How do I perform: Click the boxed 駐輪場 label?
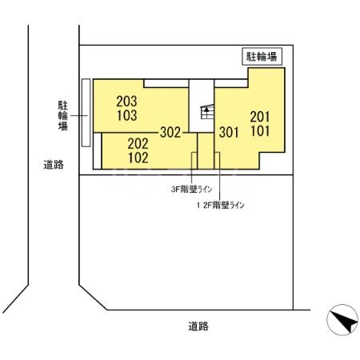pyautogui.click(x=261, y=57)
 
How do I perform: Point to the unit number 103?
pyautogui.click(x=126, y=116)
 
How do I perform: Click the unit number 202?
pyautogui.click(x=138, y=143)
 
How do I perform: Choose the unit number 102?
pyautogui.click(x=138, y=158)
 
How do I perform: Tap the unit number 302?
pyautogui.click(x=170, y=132)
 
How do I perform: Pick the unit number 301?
pyautogui.click(x=230, y=132)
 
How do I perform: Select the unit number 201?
pyautogui.click(x=261, y=116)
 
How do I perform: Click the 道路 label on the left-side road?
pyautogui.click(x=54, y=165)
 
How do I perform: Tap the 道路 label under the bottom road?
pyautogui.click(x=198, y=326)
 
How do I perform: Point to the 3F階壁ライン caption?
pyautogui.click(x=192, y=190)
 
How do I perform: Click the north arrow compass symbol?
pyautogui.click(x=342, y=322)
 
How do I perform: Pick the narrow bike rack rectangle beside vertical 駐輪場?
pyautogui.click(x=85, y=113)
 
